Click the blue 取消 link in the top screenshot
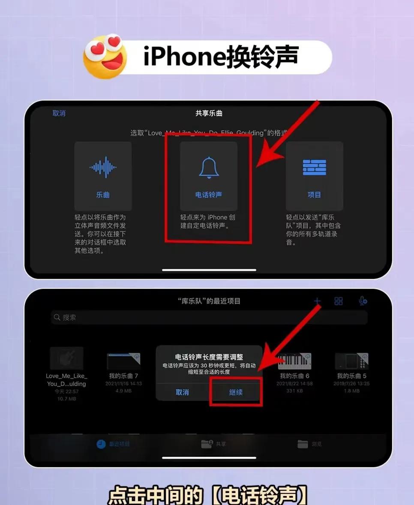[x=59, y=113]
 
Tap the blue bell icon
[x=209, y=168]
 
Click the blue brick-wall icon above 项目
[x=314, y=167]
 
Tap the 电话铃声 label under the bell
[x=209, y=195]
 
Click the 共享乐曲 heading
[x=209, y=113]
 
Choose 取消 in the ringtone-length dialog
[x=182, y=392]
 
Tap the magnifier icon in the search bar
[x=57, y=318]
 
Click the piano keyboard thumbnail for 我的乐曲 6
[x=294, y=361]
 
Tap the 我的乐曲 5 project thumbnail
[x=351, y=361]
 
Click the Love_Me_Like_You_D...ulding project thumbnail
[x=66, y=358]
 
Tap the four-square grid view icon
[x=339, y=301]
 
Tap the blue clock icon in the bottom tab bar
[x=101, y=444]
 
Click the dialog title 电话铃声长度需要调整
[x=209, y=357]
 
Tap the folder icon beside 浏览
[x=303, y=444]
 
